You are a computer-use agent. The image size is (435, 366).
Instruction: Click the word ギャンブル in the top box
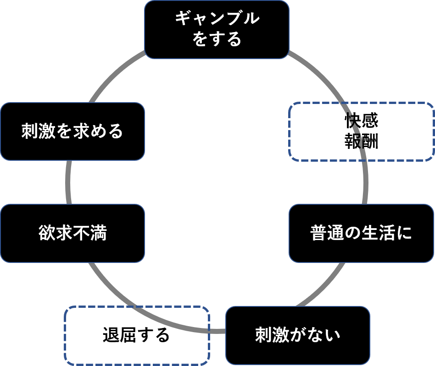pyautogui.click(x=217, y=19)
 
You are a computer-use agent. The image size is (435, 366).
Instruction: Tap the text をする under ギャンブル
pyautogui.click(x=217, y=39)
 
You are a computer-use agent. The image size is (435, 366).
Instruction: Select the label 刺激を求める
pyautogui.click(x=72, y=132)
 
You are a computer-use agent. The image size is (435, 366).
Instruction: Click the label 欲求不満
pyautogui.click(x=72, y=233)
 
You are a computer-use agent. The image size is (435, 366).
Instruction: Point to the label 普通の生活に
pyautogui.click(x=361, y=233)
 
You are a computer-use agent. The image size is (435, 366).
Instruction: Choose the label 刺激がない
pyautogui.click(x=298, y=335)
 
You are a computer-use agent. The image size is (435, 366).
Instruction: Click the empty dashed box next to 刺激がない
pyautogui.click(x=137, y=335)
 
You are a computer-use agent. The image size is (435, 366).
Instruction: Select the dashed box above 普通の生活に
pyautogui.click(x=361, y=132)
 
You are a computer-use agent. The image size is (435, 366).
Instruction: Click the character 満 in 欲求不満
pyautogui.click(x=98, y=233)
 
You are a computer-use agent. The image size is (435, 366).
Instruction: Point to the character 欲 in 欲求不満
pyautogui.click(x=47, y=233)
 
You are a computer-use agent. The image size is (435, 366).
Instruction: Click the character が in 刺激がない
pyautogui.click(x=298, y=335)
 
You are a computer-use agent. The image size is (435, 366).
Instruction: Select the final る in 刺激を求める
pyautogui.click(x=116, y=132)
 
